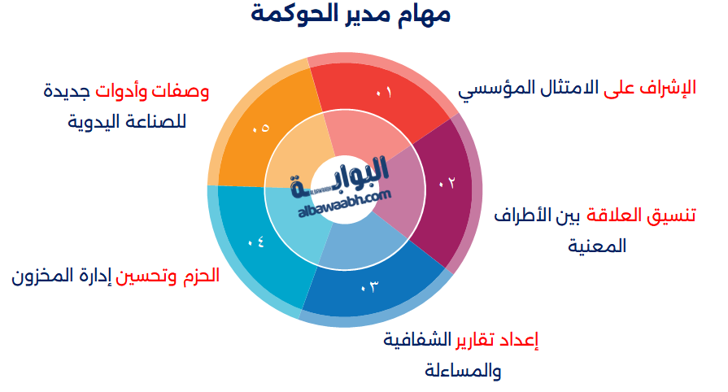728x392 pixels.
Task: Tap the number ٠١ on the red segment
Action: [x=384, y=92]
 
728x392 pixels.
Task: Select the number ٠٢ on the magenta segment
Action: [x=447, y=183]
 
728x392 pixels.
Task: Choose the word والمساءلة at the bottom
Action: [x=462, y=371]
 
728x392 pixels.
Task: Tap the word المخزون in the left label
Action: [x=45, y=276]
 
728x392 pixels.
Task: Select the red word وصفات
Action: [x=187, y=90]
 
